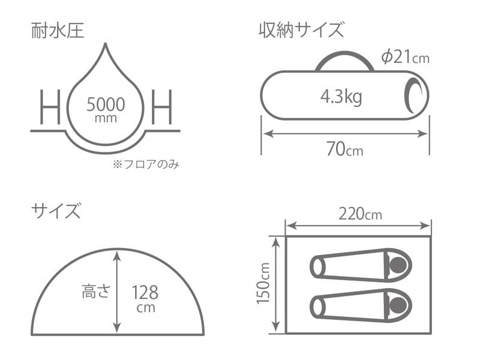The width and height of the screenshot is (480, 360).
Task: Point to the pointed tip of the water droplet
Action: pyautogui.click(x=106, y=46)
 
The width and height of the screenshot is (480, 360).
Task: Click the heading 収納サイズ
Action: pyautogui.click(x=301, y=29)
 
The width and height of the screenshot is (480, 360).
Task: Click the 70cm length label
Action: pyautogui.click(x=344, y=149)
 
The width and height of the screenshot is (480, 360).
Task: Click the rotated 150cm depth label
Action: pyautogui.click(x=264, y=284)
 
